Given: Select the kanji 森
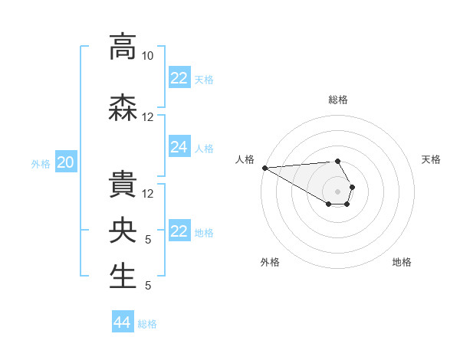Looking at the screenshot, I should coord(123,107).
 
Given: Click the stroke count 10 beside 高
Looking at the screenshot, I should coord(148,56).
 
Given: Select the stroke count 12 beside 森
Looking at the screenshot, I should coord(148,117).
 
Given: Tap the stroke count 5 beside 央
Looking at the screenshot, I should coord(148,240).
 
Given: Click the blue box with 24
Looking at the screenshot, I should coord(179,147).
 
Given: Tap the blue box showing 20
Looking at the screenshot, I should coord(66,162).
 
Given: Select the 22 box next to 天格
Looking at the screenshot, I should coord(179,78).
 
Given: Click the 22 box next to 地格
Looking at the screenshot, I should coord(179,231).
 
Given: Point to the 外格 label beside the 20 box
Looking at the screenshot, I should coord(41,163).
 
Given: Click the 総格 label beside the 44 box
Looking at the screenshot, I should coord(147,324).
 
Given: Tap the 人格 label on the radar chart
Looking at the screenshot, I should coord(245,159).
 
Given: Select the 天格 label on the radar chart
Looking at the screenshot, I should coord(431,159).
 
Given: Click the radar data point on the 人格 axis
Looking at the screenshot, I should coord(264,168).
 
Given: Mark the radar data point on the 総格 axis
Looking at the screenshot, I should coord(337,161).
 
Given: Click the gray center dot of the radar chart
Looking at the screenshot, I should coord(337,191).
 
